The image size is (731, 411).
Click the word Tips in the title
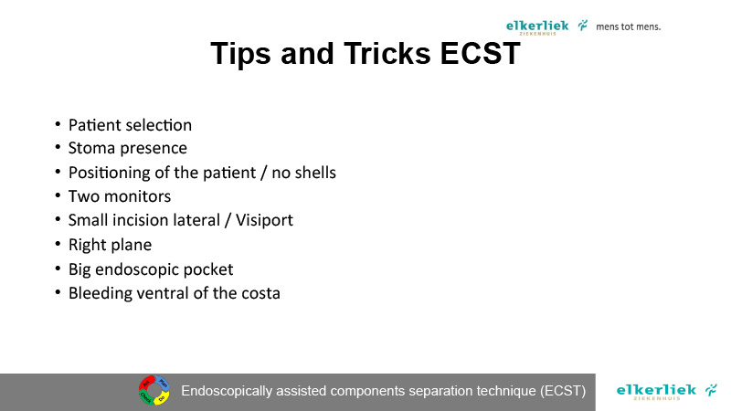point(240,54)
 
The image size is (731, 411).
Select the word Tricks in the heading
point(387,53)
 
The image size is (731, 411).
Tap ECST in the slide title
point(481,53)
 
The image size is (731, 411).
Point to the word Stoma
point(92,148)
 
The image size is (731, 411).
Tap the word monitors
point(138,196)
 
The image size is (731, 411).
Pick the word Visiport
point(264,220)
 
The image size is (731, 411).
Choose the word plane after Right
point(130,245)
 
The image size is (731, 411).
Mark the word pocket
point(208,269)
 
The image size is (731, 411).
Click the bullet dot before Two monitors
point(58,195)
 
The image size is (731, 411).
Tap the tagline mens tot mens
point(629,26)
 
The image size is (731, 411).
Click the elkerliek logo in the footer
point(667,392)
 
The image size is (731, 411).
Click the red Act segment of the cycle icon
point(146,384)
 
